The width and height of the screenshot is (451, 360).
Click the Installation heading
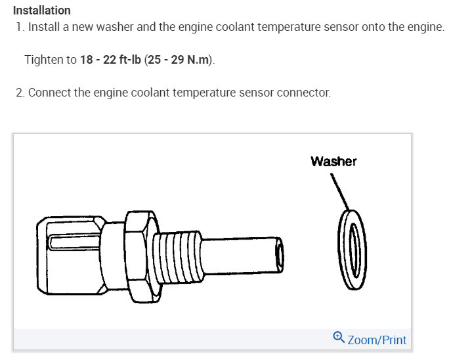[42, 11]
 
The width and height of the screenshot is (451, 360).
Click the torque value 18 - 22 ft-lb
[110, 60]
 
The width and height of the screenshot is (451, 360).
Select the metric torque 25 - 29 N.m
[178, 60]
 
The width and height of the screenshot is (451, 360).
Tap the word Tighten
[44, 60]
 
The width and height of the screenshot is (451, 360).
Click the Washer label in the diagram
[333, 161]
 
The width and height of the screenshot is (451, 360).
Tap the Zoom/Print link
[377, 340]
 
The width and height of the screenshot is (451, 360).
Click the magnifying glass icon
[339, 337]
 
